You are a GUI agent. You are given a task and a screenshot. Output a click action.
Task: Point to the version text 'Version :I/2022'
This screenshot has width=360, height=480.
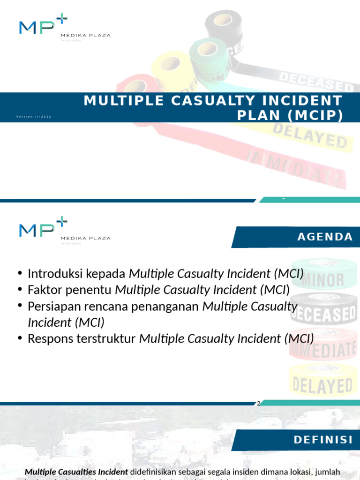coord(34,116)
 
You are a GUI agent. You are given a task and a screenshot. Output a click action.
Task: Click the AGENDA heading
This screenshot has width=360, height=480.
coord(325,237)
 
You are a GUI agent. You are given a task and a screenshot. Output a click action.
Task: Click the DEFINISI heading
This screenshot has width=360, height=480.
coord(323,440)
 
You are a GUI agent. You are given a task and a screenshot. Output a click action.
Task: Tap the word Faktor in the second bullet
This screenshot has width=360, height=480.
coord(44,290)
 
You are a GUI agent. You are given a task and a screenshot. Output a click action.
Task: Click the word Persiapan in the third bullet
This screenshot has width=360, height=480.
coord(52,307)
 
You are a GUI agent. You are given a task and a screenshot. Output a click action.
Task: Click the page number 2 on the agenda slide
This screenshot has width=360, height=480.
coord(258,403)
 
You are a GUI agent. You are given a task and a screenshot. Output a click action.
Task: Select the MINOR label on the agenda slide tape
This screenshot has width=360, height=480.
coord(323,280)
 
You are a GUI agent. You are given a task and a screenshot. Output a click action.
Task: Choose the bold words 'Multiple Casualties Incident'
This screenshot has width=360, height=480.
coord(76,472)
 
